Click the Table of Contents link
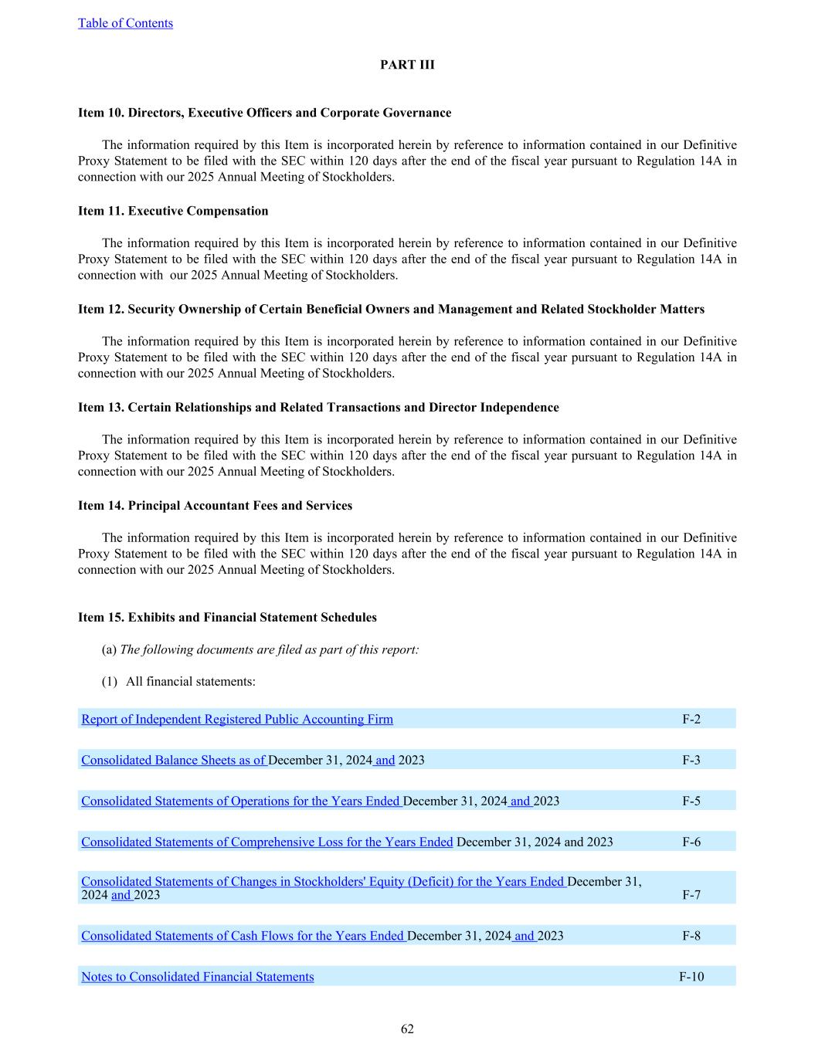(125, 23)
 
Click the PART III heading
(407, 65)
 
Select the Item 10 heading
(264, 113)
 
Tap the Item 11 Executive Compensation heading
(173, 211)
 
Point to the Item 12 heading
(391, 309)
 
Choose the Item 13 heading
(318, 407)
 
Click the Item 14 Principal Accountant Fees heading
(215, 506)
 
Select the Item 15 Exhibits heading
(227, 618)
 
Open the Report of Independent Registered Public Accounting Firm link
(237, 720)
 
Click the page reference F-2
(691, 720)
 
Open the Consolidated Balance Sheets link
(174, 761)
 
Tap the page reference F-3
(691, 761)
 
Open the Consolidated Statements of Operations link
(241, 802)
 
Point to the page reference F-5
(691, 802)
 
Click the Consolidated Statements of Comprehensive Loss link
(267, 842)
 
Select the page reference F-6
(691, 842)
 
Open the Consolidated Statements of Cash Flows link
(243, 936)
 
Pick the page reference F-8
(691, 936)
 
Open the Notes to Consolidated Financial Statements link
(198, 977)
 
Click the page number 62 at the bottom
(407, 1029)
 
